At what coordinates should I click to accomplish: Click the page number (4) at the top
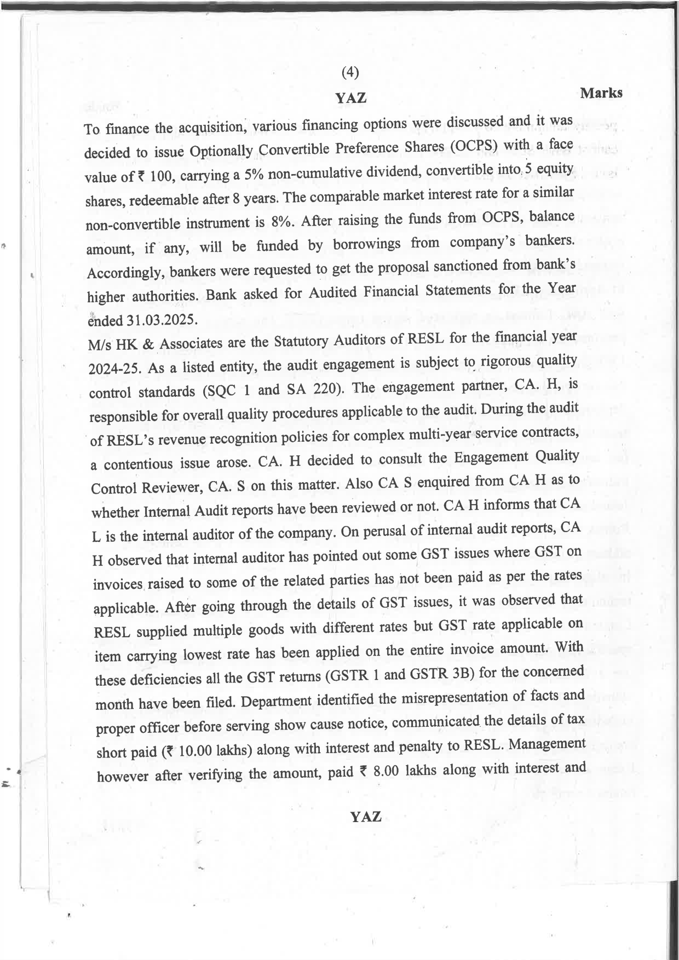[350, 72]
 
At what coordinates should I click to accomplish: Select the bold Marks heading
[601, 93]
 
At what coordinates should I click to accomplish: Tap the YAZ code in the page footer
[366, 817]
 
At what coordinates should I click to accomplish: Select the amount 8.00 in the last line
[386, 771]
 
